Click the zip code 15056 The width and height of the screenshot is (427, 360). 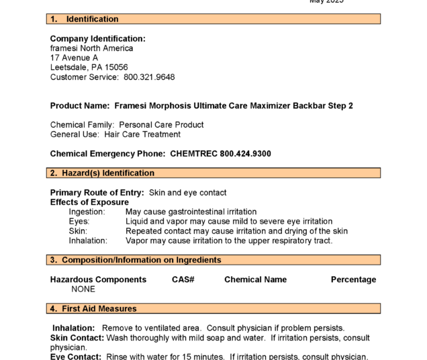[x=115, y=68]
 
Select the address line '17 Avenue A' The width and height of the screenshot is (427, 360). [x=74, y=58]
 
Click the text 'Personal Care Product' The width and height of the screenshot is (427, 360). [x=161, y=125]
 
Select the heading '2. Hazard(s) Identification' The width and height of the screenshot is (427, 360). [x=102, y=173]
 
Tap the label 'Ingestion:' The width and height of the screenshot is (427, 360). [x=87, y=212]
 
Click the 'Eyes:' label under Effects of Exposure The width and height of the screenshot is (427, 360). [x=79, y=222]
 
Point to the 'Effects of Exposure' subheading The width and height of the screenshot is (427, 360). [x=89, y=202]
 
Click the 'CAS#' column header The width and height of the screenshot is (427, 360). [x=183, y=280]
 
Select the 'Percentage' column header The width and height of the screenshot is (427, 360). [x=353, y=280]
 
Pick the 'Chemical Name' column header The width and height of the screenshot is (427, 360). [x=255, y=280]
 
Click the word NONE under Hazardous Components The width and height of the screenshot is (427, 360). [x=83, y=289]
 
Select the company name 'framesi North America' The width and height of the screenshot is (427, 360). [x=91, y=48]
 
